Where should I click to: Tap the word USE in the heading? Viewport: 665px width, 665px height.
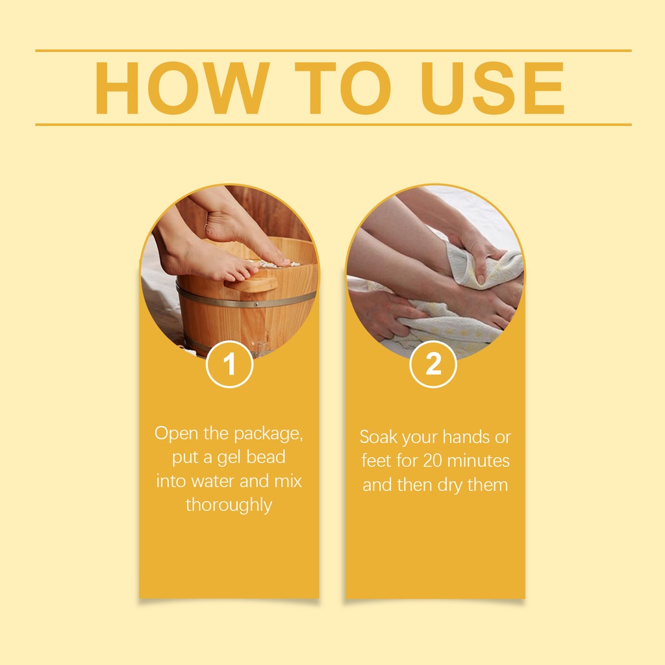click(492, 88)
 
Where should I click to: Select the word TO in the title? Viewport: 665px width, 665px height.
click(343, 88)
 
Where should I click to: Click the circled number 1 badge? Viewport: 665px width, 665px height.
click(229, 364)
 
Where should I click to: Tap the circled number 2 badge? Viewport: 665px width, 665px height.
click(433, 364)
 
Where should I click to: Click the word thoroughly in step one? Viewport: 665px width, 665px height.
click(229, 505)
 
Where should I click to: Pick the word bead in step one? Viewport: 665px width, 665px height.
click(266, 457)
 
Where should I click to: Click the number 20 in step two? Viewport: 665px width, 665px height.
click(432, 461)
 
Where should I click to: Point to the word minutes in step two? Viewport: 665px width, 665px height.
click(478, 461)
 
